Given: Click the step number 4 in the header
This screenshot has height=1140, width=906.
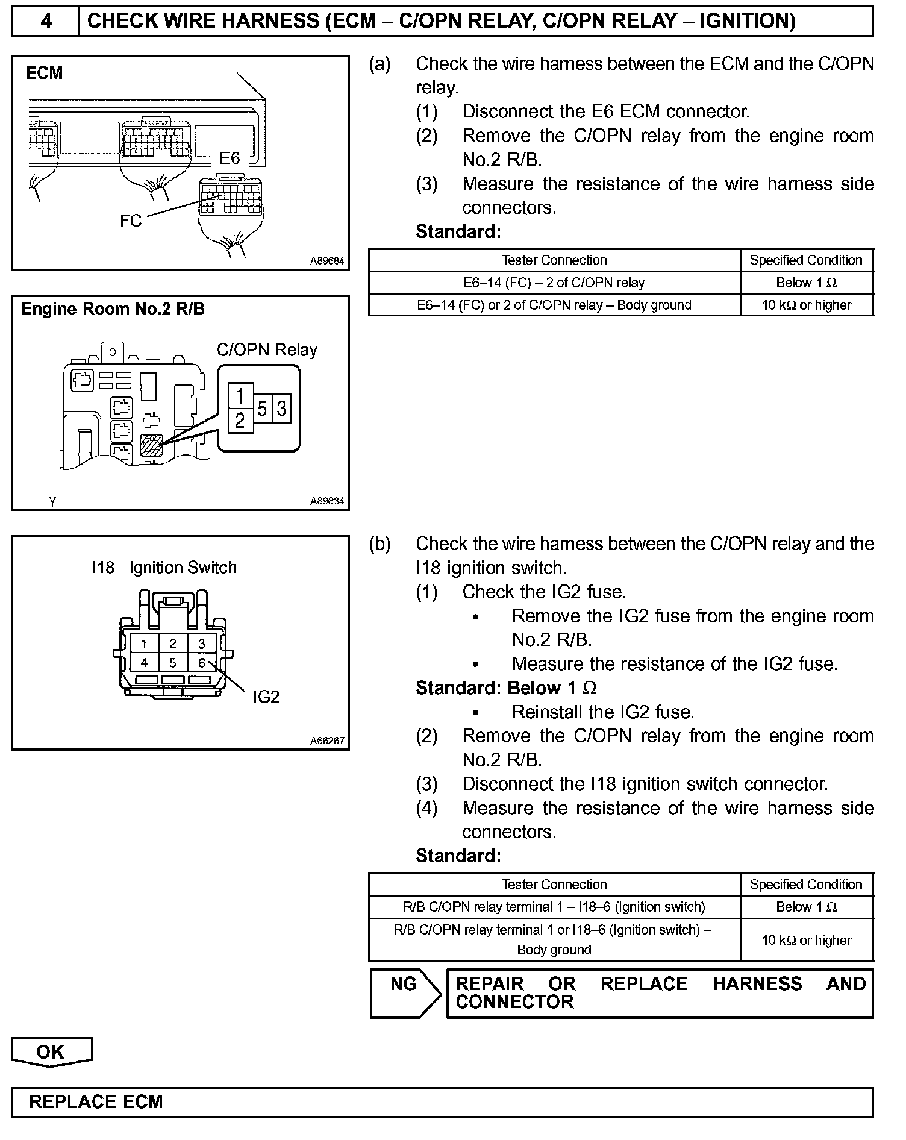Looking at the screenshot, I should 46,21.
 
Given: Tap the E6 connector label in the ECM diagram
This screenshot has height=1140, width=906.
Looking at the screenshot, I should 230,158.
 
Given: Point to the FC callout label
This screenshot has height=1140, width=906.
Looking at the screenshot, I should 131,221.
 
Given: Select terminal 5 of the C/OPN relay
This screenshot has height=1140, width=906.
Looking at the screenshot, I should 262,409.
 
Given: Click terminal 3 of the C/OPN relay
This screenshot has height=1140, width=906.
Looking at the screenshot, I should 281,409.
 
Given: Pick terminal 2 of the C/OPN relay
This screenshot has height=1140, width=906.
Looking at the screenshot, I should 240,420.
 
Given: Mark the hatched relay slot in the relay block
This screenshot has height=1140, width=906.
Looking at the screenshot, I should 150,445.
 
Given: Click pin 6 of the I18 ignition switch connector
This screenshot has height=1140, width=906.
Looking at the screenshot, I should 202,663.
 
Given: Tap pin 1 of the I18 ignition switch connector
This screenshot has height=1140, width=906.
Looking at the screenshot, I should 144,644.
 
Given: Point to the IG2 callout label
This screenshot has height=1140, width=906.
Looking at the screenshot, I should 266,697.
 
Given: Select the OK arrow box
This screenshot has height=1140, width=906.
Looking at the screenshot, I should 51,1051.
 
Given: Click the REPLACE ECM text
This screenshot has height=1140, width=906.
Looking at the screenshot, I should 96,1101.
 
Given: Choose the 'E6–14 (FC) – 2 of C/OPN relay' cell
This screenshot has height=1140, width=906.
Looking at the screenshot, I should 554,283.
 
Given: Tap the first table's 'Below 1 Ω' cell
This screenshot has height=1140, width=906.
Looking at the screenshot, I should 806,283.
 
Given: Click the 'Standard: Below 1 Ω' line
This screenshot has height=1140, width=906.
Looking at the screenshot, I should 506,687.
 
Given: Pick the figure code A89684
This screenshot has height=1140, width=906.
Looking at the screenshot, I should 327,261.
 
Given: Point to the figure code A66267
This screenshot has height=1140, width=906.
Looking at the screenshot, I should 327,741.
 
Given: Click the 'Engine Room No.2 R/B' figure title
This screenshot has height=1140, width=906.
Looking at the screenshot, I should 113,309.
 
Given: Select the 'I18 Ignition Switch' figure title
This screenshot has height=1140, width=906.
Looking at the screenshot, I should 164,568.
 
